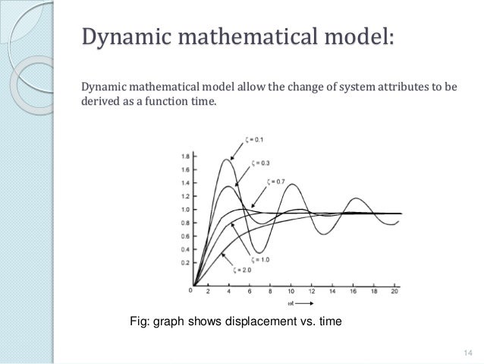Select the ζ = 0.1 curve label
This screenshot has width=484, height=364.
[x=255, y=139]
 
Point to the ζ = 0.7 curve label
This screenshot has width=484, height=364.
[x=278, y=182]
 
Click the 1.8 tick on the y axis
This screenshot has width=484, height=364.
[x=185, y=157]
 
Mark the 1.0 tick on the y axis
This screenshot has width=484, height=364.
[x=185, y=209]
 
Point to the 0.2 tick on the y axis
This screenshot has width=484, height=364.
[x=185, y=262]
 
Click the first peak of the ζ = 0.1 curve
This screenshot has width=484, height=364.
[x=226, y=159]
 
